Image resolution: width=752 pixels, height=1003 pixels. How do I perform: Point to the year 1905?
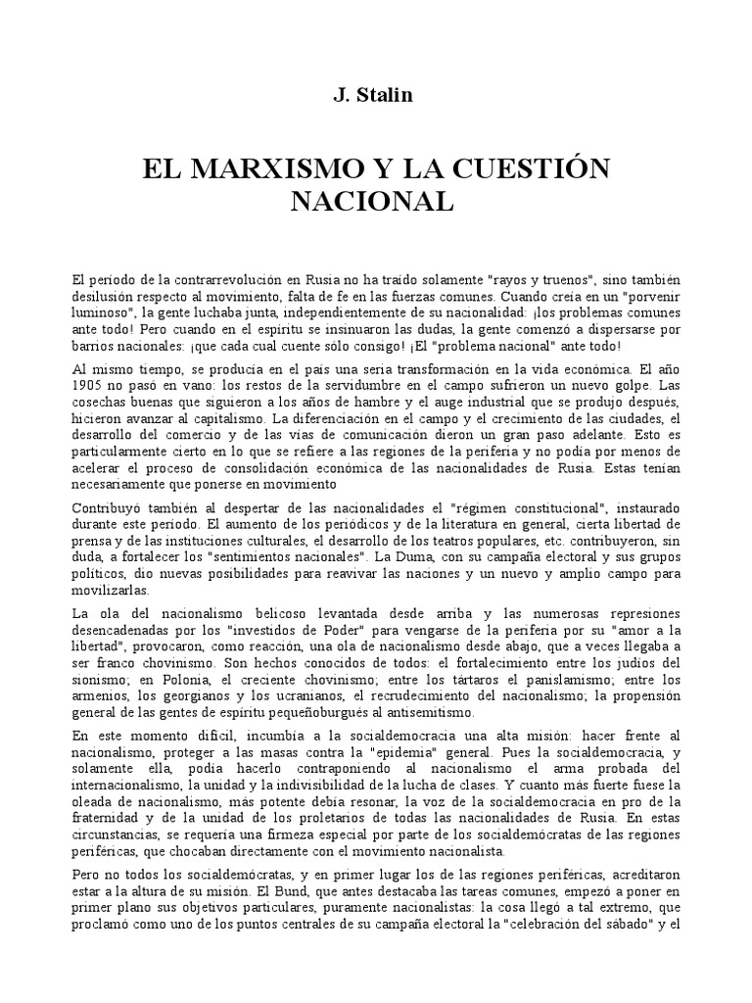coord(91,385)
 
